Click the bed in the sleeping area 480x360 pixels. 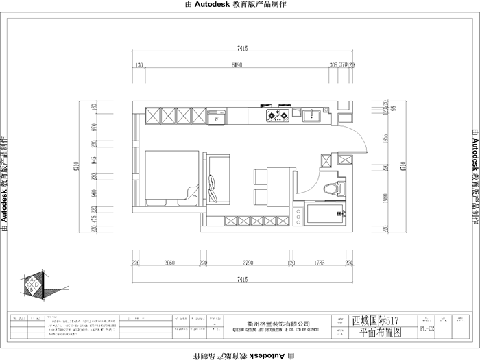pos(171,178)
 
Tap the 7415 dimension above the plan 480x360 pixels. pos(241,49)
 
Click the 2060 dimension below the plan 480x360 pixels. pos(170,262)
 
